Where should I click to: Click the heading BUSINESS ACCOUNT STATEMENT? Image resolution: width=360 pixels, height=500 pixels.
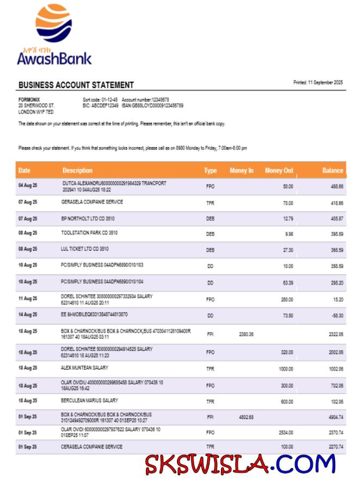76,85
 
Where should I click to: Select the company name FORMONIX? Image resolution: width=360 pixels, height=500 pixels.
29,99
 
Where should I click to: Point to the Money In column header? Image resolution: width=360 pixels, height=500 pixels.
241,170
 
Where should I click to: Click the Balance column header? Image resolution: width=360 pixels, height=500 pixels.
332,170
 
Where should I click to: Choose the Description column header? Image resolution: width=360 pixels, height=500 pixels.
77,170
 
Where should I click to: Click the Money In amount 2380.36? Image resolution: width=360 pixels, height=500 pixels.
246,335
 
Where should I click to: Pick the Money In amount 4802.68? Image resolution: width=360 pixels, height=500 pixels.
246,417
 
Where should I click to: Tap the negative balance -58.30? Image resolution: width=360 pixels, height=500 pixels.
337,315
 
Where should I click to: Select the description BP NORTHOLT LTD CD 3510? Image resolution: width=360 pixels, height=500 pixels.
89,218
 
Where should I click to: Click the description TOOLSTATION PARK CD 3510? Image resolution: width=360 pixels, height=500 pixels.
90,233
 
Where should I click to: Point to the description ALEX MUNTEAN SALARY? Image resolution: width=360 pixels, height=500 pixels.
85,368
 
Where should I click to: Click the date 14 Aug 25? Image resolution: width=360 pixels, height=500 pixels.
28,315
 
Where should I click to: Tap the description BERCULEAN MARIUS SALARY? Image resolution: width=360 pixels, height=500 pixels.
90,401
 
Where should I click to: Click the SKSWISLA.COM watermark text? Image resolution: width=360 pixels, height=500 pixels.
240,464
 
